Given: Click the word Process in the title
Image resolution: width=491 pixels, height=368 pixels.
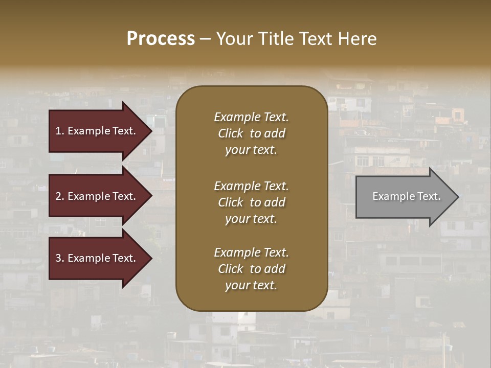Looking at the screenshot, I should point(161,39).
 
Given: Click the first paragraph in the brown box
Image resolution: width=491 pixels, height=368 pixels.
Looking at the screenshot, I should point(251,133).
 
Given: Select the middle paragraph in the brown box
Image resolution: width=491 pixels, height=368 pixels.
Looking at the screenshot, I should point(251,202).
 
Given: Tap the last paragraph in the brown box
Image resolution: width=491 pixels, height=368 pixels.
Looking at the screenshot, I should point(251,269).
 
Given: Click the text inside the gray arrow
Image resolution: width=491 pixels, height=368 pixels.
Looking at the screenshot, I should point(406,196).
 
